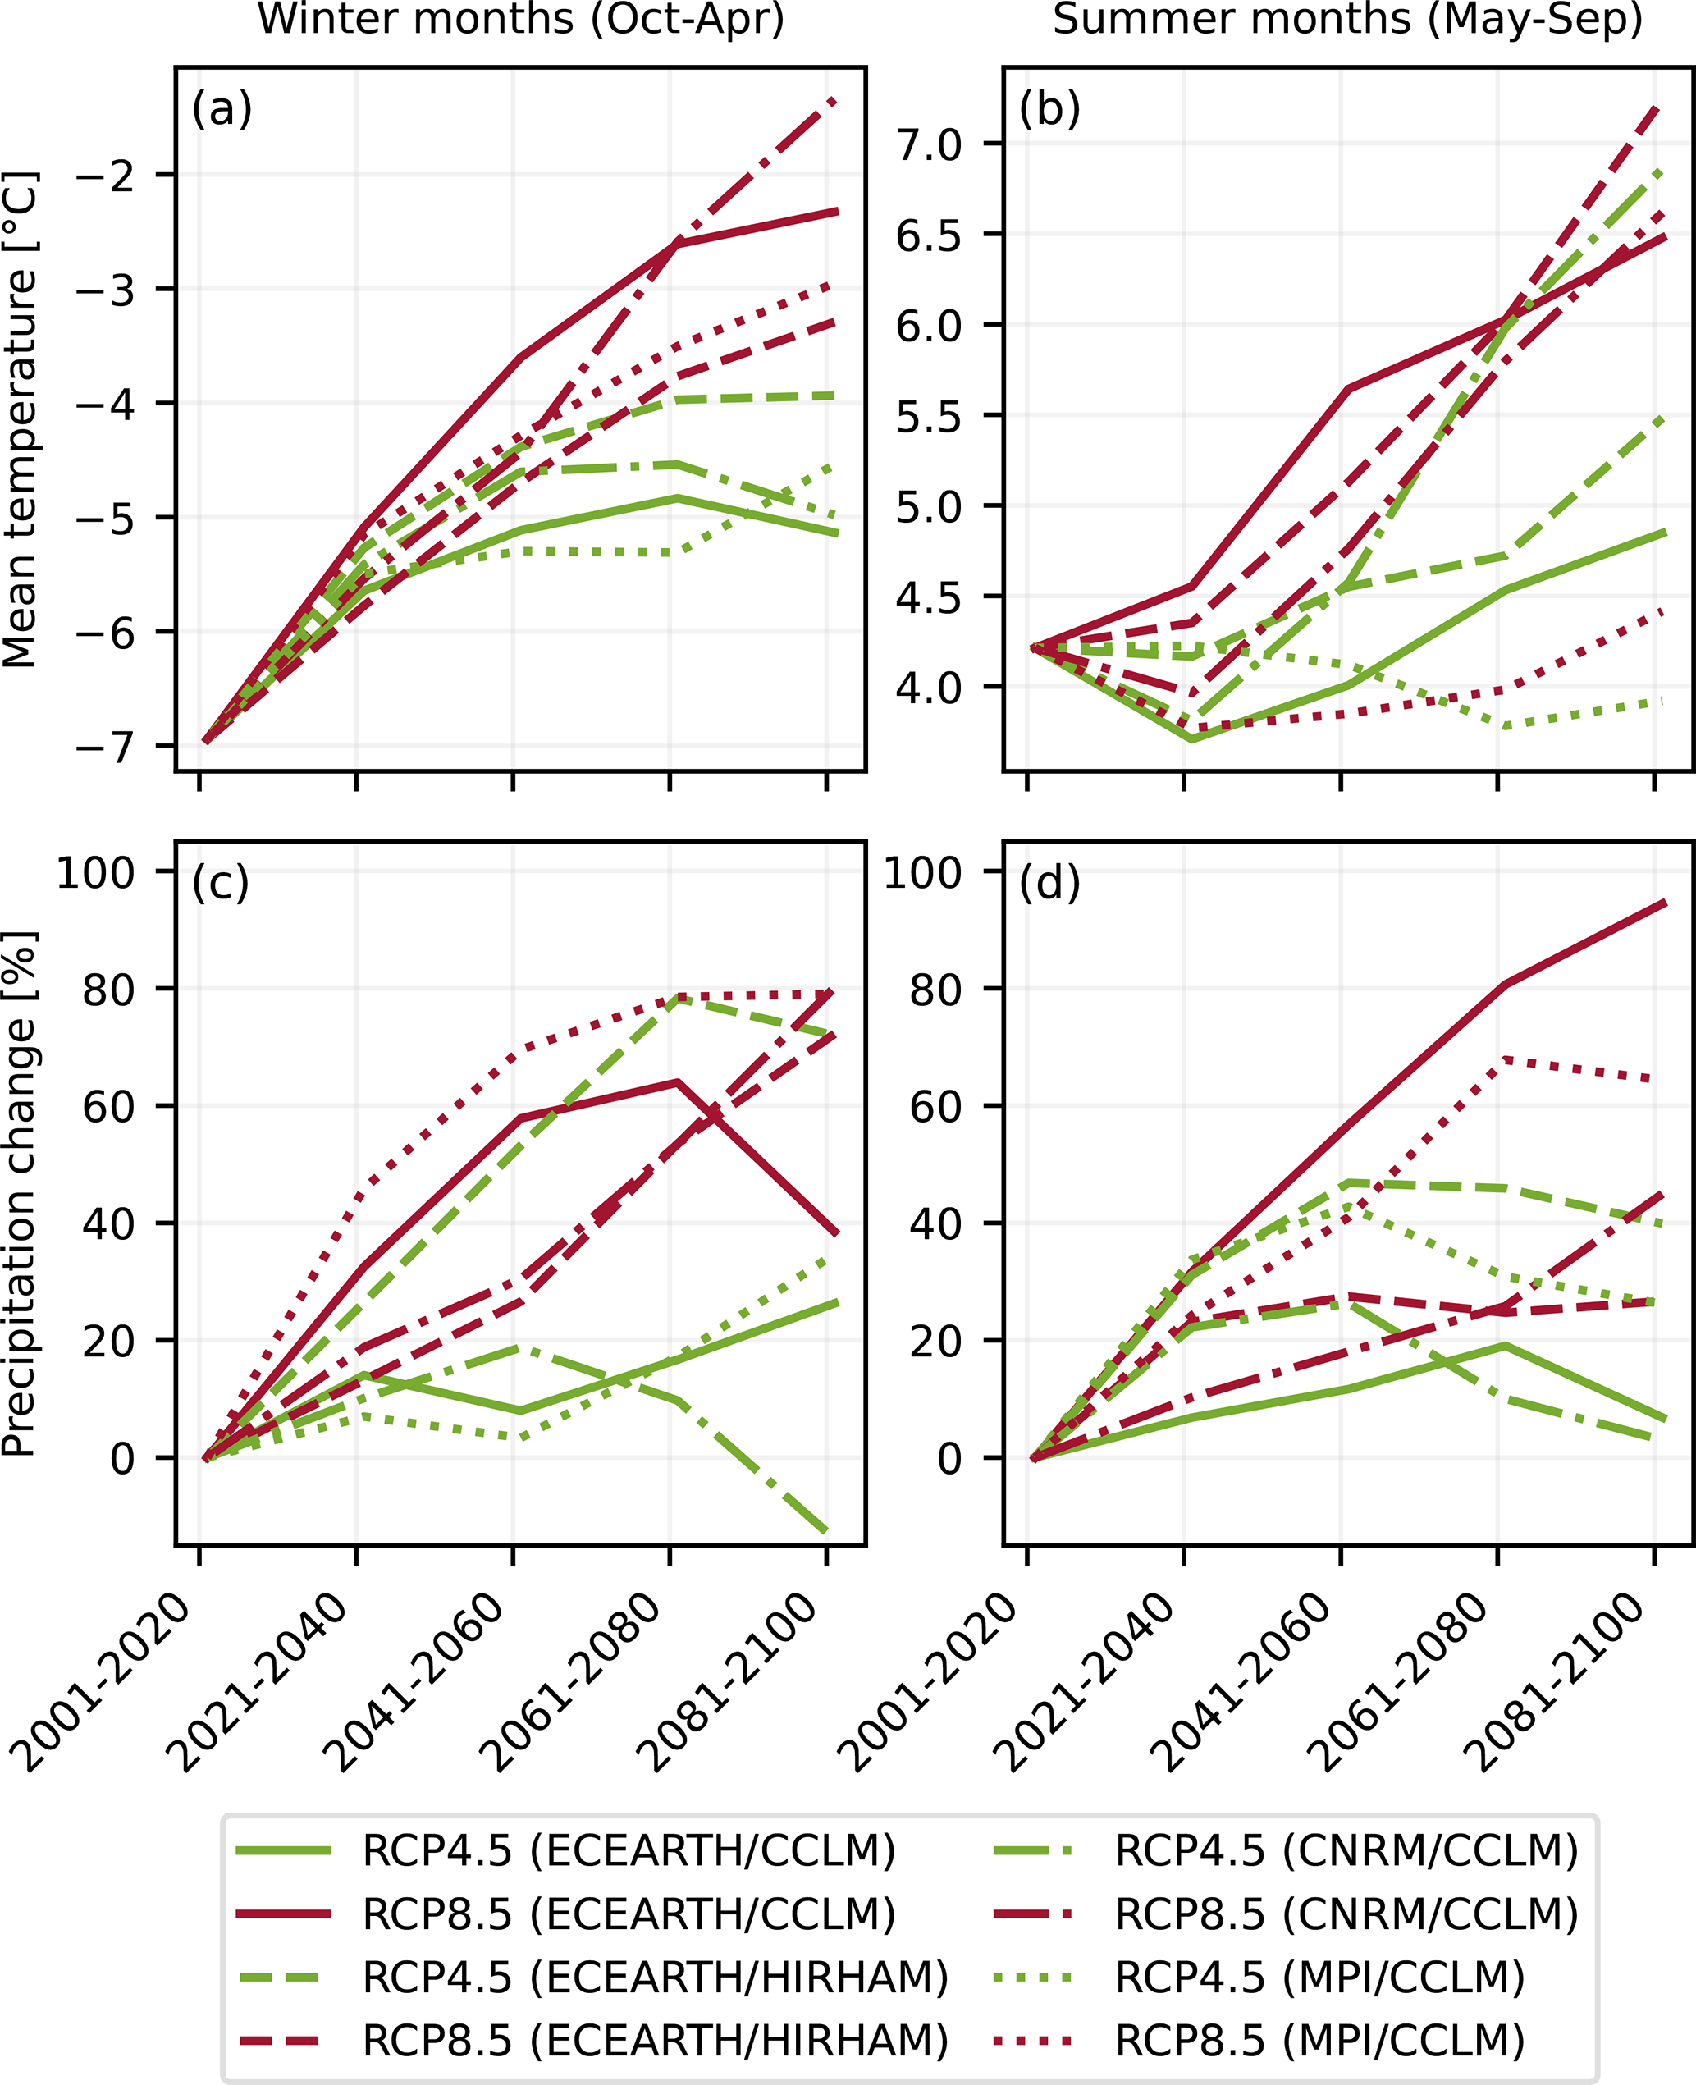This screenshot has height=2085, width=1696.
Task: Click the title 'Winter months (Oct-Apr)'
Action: pyautogui.click(x=521, y=20)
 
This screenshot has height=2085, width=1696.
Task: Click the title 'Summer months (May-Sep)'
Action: pyautogui.click(x=1348, y=20)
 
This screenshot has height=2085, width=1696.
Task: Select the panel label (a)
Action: pyautogui.click(x=222, y=108)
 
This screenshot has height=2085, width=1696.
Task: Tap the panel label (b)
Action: pyautogui.click(x=1049, y=108)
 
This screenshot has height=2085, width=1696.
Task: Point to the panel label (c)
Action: pyautogui.click(x=221, y=882)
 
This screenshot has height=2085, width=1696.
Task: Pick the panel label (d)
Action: pyautogui.click(x=1049, y=882)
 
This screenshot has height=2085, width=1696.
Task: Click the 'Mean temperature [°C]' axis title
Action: pyautogui.click(x=21, y=419)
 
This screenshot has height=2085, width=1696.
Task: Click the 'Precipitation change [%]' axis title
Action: pyautogui.click(x=21, y=1194)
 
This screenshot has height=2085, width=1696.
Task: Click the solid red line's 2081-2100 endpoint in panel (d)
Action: pyautogui.click(x=1665, y=903)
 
